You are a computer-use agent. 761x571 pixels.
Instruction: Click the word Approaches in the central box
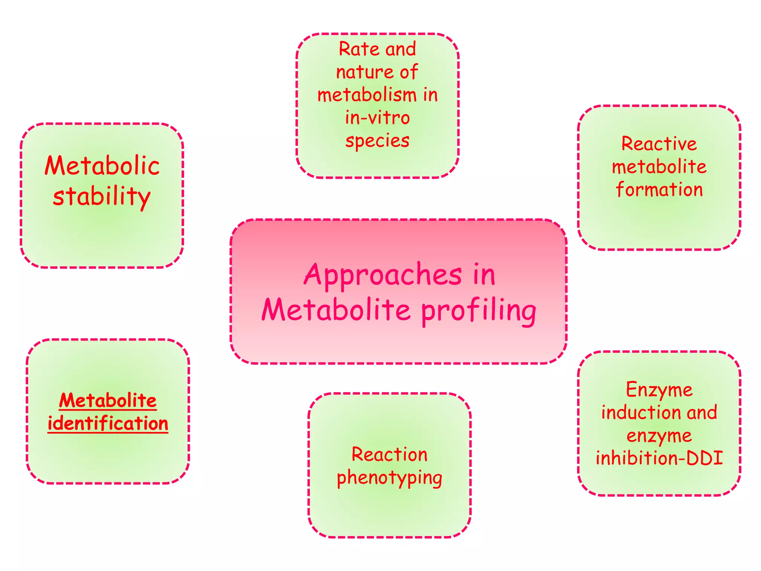383,275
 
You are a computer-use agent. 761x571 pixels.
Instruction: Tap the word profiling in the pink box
479,311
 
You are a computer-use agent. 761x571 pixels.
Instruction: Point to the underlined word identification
108,423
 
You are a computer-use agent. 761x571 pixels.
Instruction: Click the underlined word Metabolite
108,401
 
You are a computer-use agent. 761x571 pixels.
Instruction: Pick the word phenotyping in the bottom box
389,478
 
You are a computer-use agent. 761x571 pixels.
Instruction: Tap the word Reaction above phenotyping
389,454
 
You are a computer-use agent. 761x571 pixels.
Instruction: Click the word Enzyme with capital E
659,390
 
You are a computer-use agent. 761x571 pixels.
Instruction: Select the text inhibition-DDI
659,458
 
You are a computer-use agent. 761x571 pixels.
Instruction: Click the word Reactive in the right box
659,144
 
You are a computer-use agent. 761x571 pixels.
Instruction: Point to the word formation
659,190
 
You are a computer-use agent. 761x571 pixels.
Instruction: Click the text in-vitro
377,118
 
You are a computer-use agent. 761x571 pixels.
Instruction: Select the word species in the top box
377,141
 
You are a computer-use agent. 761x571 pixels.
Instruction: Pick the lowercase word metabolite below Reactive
659,167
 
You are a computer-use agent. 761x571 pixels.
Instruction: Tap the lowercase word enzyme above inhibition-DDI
659,436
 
